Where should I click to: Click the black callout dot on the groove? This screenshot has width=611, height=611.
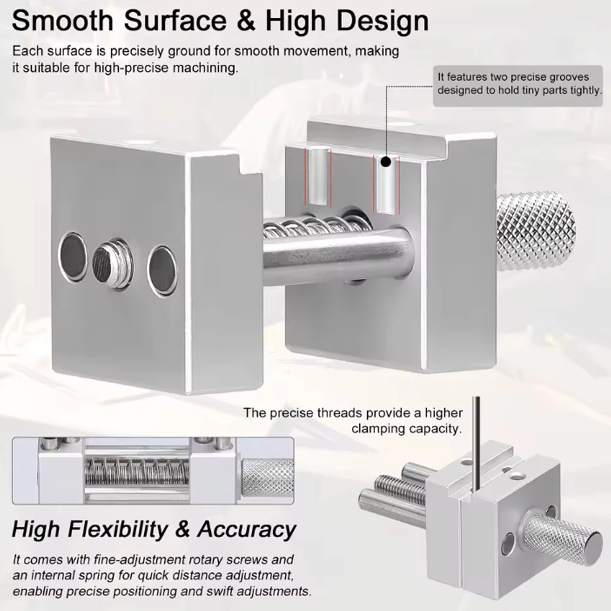pos(386,162)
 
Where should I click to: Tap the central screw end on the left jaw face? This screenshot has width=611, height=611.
pos(112,262)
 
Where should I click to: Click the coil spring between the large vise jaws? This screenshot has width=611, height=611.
pos(316,227)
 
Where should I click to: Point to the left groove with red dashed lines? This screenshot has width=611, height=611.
pos(318,177)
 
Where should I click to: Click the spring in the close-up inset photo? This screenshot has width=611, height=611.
pos(137,472)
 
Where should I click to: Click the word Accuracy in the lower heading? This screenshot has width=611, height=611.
pos(246,530)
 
